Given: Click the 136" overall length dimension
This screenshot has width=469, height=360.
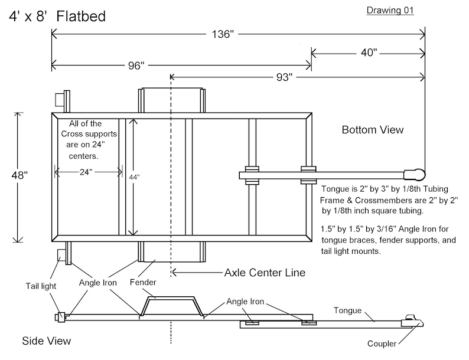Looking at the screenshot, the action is (223, 34).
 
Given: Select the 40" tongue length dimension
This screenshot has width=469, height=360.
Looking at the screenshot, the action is (369, 53).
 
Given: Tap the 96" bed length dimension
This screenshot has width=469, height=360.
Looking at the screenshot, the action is (136, 66).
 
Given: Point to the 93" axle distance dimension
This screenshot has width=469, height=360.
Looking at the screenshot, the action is (284, 77).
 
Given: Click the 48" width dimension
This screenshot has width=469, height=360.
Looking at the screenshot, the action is (19, 175).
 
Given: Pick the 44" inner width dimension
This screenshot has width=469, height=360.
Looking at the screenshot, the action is (134, 178).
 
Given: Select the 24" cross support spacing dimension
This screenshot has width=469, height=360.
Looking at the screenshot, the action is (86, 172).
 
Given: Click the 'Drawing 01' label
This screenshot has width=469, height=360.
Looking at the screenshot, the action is (390, 10).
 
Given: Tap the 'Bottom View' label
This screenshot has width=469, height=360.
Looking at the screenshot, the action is (373, 130).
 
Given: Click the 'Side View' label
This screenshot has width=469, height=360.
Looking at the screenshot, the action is (46, 341).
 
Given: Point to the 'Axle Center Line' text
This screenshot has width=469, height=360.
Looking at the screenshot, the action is (265, 273).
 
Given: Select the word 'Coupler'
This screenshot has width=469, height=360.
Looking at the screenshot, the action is (382, 343).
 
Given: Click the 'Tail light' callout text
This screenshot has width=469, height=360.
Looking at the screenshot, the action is (41, 286).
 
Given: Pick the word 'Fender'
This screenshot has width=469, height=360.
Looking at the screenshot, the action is (143, 282).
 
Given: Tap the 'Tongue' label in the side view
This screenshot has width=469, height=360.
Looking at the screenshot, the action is (347, 310).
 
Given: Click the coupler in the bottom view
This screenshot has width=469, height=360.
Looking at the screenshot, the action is (414, 175).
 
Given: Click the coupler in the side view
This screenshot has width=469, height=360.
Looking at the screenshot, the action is (412, 321).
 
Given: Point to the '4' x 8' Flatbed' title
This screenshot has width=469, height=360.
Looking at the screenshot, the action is (57, 16).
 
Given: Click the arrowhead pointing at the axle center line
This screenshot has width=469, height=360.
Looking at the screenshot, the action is (175, 273).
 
